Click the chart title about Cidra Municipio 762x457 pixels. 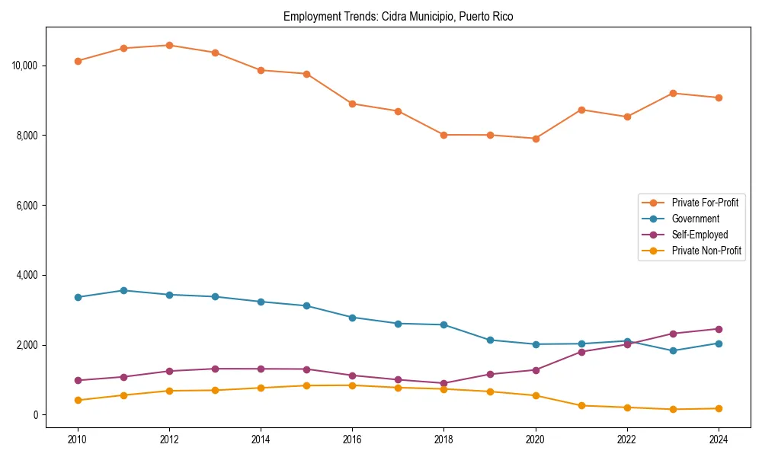[398, 16]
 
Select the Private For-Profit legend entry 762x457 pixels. [704, 203]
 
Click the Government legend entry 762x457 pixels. [695, 219]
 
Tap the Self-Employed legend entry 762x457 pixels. [700, 235]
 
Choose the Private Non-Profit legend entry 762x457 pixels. [706, 251]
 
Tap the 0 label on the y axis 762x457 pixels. [35, 415]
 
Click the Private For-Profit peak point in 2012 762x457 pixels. [169, 45]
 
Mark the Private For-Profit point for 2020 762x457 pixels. [536, 139]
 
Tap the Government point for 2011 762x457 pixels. [123, 290]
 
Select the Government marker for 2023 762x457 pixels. [673, 350]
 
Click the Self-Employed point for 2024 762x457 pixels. [719, 329]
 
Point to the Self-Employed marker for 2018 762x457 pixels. [443, 383]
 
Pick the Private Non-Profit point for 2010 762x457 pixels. [78, 400]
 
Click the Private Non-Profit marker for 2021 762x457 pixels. [581, 405]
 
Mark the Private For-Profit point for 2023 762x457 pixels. [673, 93]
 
